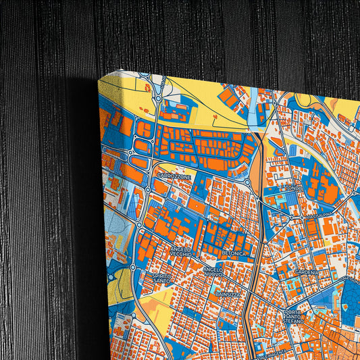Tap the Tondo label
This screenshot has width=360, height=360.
(292, 188)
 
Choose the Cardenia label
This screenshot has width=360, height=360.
(307, 272)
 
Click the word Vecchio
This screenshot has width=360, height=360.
(181, 255)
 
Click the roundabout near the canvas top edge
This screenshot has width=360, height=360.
(143, 77)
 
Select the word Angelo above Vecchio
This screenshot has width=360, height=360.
(180, 249)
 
